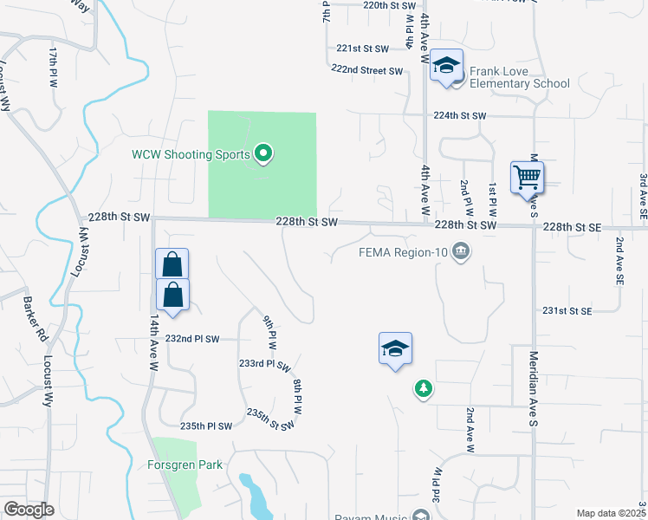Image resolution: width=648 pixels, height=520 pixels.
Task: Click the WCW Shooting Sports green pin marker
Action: [x=265, y=155]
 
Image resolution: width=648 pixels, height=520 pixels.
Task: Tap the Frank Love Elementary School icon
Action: [x=447, y=66]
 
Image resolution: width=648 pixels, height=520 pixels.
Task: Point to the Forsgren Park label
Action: [x=185, y=465]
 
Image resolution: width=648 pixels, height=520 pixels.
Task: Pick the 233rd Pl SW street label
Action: [x=265, y=366]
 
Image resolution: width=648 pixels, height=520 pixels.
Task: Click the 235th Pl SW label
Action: [x=206, y=426]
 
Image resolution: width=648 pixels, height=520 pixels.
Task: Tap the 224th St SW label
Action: [x=460, y=115]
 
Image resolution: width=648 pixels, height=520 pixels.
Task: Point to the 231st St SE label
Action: [x=567, y=310]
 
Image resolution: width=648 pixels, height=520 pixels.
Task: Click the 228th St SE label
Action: [x=572, y=226]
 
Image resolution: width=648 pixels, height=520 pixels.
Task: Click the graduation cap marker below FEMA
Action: [x=395, y=349]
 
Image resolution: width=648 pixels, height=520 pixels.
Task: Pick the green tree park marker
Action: [x=423, y=390]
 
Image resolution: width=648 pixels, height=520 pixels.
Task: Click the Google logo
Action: [x=29, y=510]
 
